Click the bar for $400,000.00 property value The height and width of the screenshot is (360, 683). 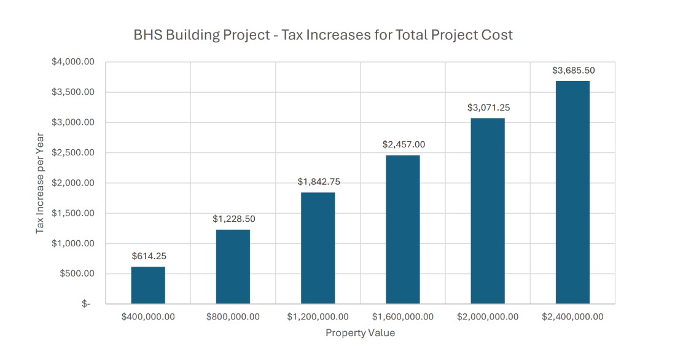tap(148, 285)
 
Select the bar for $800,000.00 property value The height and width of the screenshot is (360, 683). tap(233, 267)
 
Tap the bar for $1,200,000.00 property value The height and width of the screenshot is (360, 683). tap(318, 248)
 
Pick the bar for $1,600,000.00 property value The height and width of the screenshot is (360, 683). tap(403, 230)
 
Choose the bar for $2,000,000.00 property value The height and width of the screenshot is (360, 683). tap(488, 211)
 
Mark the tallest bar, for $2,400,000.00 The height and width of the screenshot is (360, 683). tap(572, 192)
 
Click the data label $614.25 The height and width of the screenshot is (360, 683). tap(148, 256)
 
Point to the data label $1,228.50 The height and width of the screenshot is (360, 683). tap(233, 219)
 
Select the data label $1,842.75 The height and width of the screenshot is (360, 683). tap(318, 182)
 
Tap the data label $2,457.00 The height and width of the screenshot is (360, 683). tap(403, 145)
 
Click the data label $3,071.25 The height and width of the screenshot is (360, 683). tap(488, 108)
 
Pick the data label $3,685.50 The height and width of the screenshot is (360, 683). tap(573, 71)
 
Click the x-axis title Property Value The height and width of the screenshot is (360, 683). tap(360, 333)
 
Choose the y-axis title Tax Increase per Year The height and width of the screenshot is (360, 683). tap(41, 183)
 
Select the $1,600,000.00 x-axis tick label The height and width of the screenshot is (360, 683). tap(403, 317)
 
